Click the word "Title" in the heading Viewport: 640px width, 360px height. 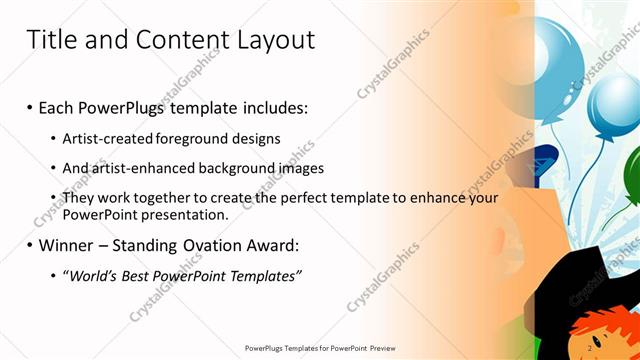(x=50, y=40)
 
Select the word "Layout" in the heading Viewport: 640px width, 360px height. (x=276, y=40)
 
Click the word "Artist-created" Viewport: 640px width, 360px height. (x=107, y=138)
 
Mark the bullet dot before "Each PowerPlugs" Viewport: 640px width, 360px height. (x=30, y=108)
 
